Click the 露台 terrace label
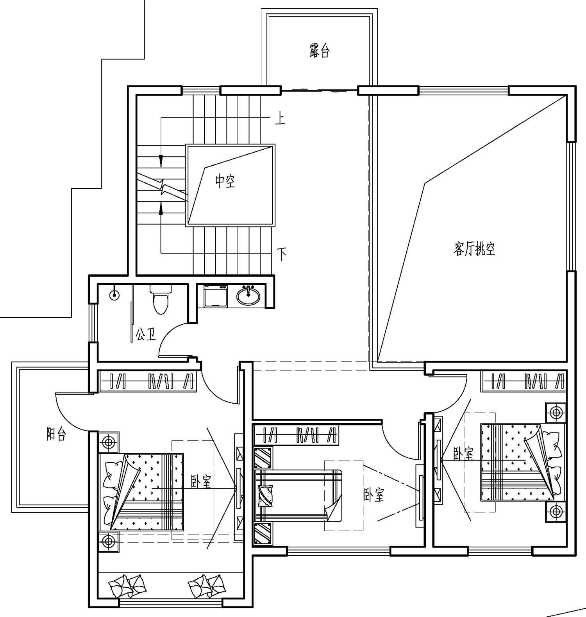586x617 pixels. pos(320,51)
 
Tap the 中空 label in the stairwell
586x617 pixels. pos(225,181)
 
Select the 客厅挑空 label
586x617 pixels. pos(475,249)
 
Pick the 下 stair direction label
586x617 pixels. pos(282,254)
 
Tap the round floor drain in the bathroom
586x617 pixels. pos(114,295)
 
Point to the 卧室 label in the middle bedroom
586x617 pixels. pos(373,495)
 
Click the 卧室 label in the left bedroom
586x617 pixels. pos(201,482)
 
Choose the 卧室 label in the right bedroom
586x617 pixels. pos(463,453)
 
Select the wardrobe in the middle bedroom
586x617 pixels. pos(296,435)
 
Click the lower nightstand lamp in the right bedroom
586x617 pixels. pos(556,511)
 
